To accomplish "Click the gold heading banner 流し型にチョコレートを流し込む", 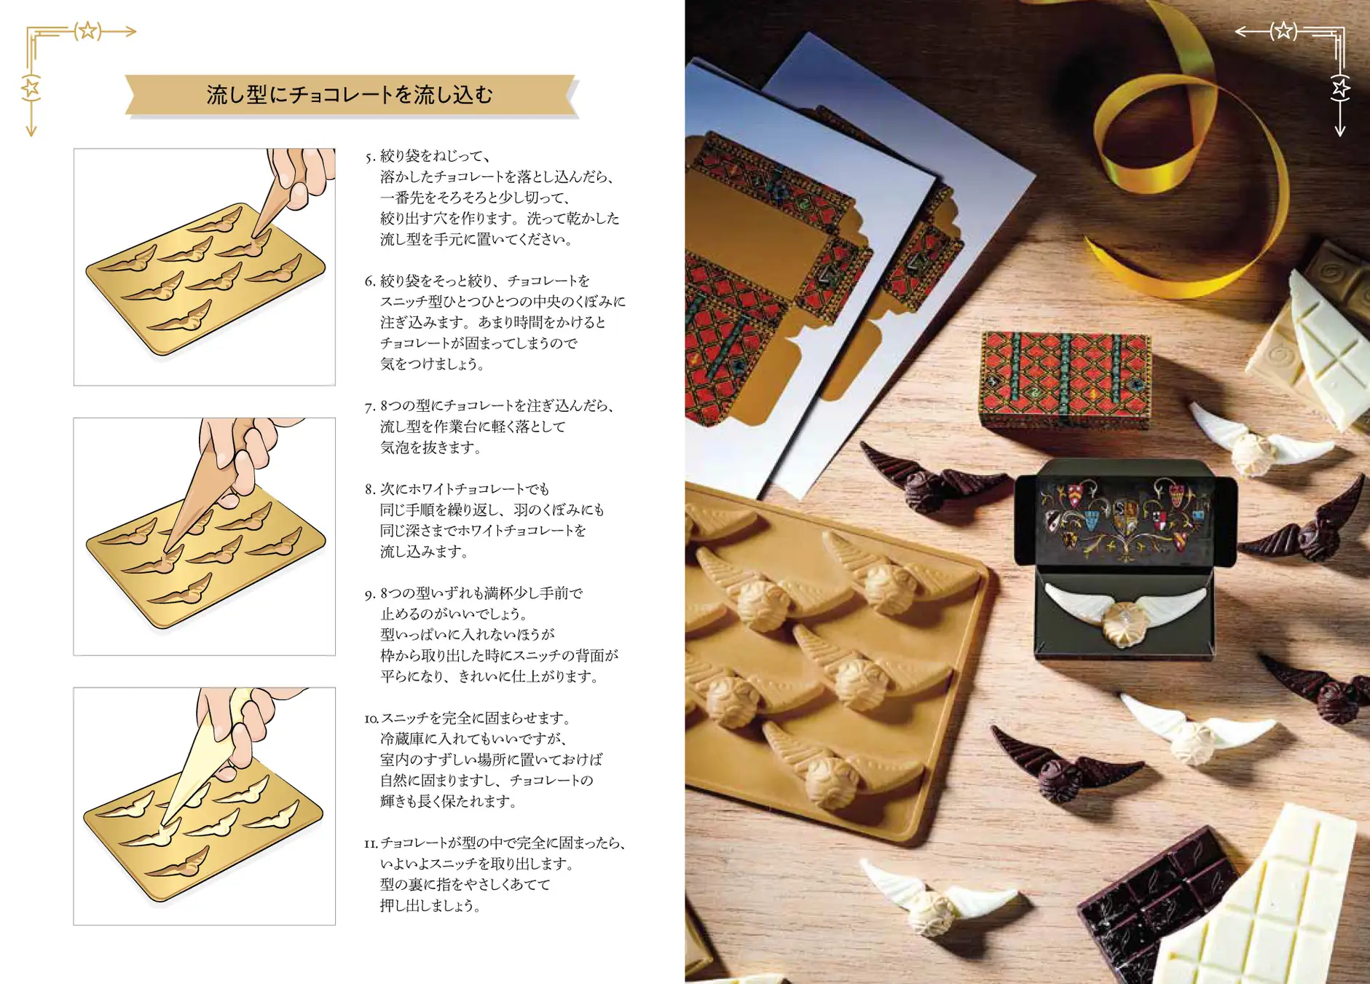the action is point(350,95).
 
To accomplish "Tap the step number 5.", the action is point(370,157).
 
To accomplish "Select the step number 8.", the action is point(370,490).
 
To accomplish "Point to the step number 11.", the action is point(371,844).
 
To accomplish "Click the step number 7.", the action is point(370,407).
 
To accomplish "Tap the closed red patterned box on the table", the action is point(1065,379).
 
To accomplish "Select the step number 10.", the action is point(371,719).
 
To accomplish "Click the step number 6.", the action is point(370,281).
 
